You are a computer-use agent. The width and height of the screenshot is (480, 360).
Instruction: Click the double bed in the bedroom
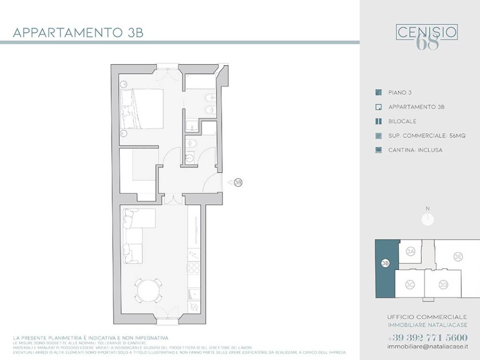point(142,109)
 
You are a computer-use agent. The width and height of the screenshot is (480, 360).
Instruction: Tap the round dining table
point(148,291)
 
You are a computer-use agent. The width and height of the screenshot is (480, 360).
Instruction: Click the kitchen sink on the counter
point(193,294)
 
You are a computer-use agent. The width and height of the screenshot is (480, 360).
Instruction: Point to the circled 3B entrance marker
point(238,182)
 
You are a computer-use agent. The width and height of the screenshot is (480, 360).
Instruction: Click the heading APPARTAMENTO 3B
point(78,33)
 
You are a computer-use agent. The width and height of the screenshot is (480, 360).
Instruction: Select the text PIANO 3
point(399,93)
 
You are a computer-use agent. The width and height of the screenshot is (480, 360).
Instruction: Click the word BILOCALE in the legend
point(402,121)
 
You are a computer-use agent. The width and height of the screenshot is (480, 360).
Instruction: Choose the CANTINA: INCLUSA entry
point(415,150)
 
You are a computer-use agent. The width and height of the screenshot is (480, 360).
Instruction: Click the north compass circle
point(427,219)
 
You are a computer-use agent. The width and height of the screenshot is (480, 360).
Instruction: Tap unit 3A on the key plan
point(411,252)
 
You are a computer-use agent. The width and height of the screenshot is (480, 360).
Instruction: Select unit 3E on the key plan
point(458,256)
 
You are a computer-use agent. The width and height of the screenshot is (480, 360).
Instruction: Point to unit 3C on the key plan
point(410,284)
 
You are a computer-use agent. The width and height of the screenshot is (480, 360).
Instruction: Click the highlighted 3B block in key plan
point(386,270)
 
